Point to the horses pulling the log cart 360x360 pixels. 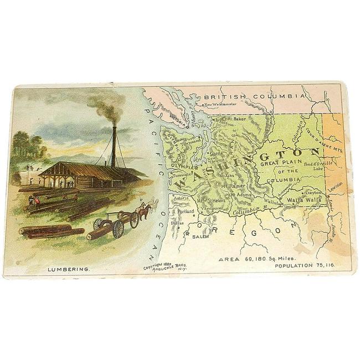[143, 212]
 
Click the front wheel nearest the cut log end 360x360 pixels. [118, 229]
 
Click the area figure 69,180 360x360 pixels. [261, 258]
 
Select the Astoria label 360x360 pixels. [182, 198]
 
